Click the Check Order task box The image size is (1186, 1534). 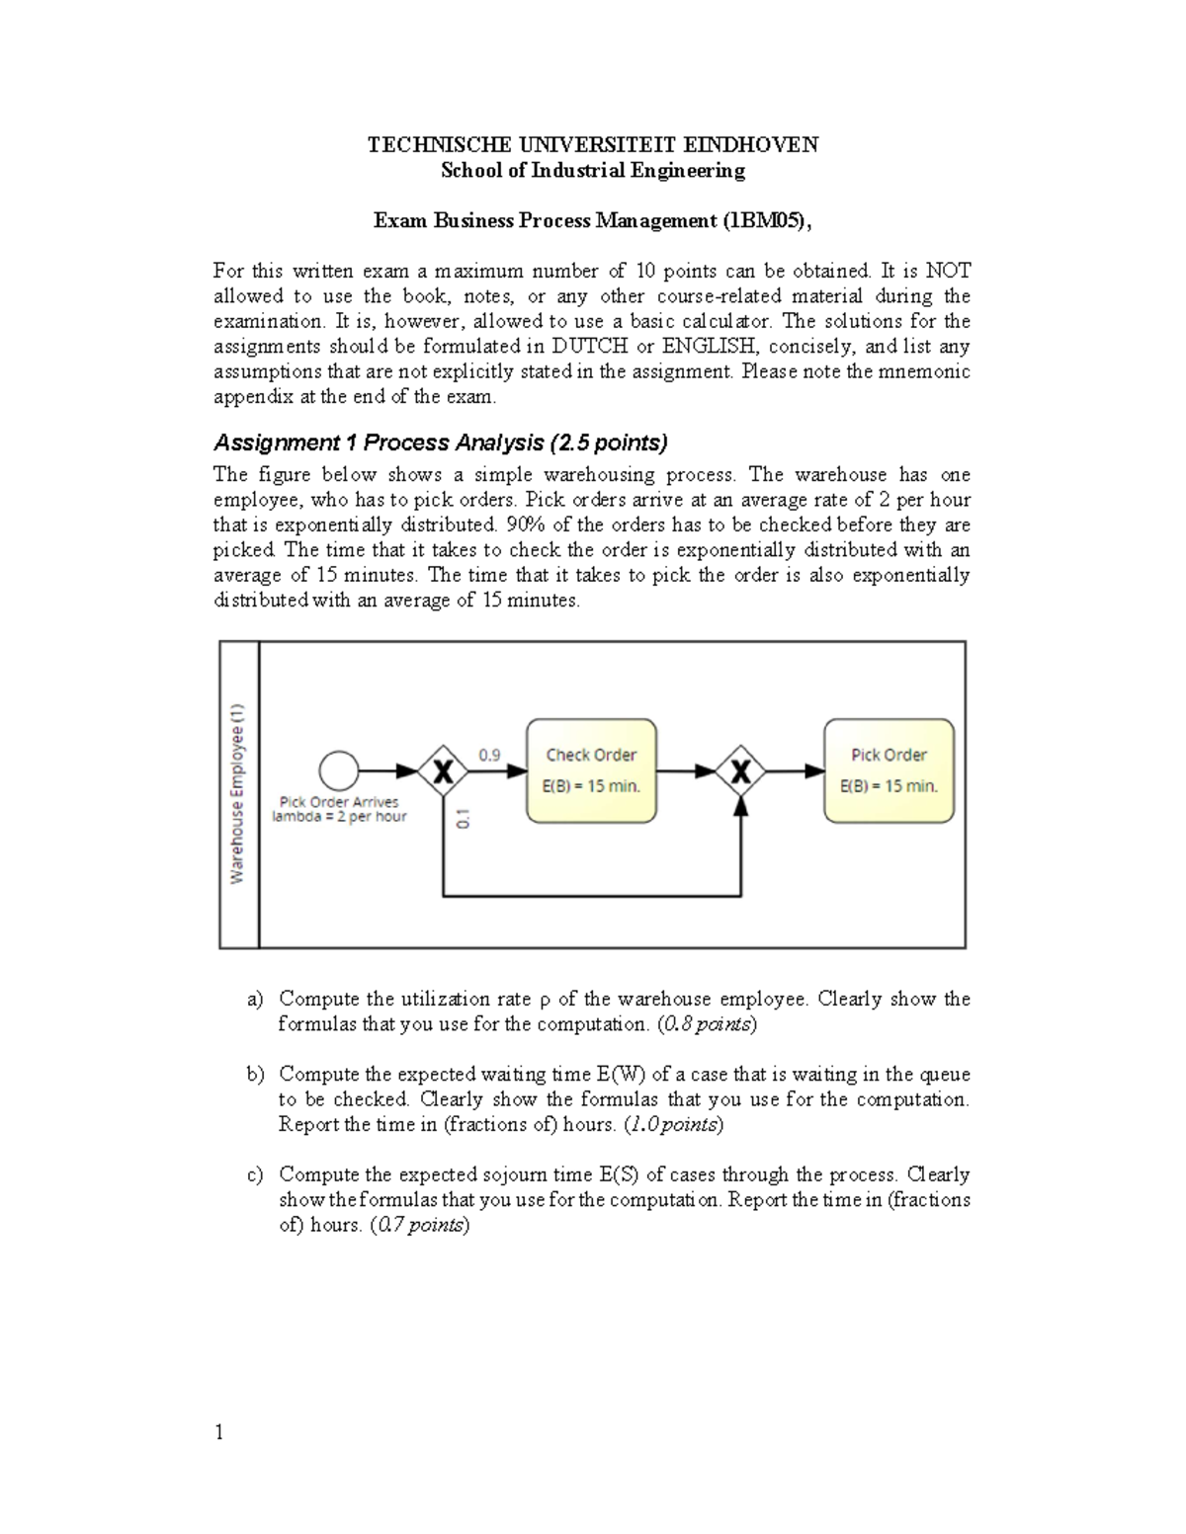click(591, 770)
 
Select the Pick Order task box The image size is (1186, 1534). click(889, 770)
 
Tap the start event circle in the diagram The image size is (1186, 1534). click(339, 770)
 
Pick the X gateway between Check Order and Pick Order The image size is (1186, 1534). click(741, 771)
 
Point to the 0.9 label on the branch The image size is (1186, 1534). click(489, 755)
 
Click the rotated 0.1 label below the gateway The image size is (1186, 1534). click(464, 819)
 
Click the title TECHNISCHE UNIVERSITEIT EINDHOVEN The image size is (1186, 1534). click(593, 146)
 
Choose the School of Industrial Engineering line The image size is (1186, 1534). click(593, 171)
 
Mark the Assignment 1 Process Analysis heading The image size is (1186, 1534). click(441, 442)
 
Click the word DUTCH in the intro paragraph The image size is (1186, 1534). click(588, 347)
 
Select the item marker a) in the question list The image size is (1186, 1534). click(255, 1000)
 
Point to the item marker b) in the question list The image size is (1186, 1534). click(255, 1075)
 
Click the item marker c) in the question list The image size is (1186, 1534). click(255, 1175)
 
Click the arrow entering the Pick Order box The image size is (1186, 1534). click(799, 771)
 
